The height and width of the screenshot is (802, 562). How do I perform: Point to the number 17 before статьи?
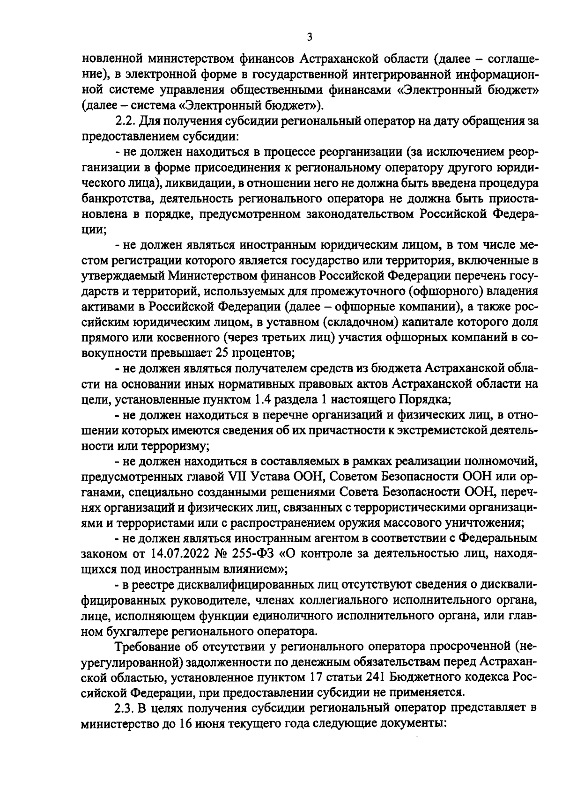pyautogui.click(x=317, y=677)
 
